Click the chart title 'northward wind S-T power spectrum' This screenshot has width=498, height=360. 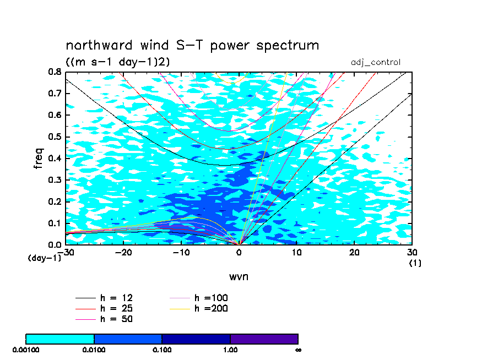(192, 45)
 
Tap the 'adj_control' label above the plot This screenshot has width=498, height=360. (375, 62)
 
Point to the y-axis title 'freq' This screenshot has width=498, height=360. (39, 158)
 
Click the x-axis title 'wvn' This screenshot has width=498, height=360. (239, 276)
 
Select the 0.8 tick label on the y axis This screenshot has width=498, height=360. (55, 72)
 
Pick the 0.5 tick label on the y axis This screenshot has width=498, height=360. (55, 137)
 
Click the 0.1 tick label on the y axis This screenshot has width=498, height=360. (55, 223)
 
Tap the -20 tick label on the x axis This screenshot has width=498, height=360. (123, 252)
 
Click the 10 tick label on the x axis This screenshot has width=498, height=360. (296, 252)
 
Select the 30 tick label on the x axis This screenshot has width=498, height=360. (412, 252)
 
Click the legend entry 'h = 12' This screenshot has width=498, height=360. (104, 298)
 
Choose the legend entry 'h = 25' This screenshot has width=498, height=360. (104, 308)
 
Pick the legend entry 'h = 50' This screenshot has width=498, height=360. (104, 319)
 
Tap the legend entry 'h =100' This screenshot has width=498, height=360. (199, 298)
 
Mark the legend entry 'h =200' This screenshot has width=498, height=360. (199, 308)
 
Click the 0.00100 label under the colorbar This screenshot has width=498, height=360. (26, 350)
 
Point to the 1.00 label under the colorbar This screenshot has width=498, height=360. (230, 350)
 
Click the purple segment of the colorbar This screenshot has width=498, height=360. (264, 339)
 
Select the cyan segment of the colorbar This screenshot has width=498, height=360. (59, 339)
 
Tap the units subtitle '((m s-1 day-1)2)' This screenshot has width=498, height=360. (118, 62)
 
